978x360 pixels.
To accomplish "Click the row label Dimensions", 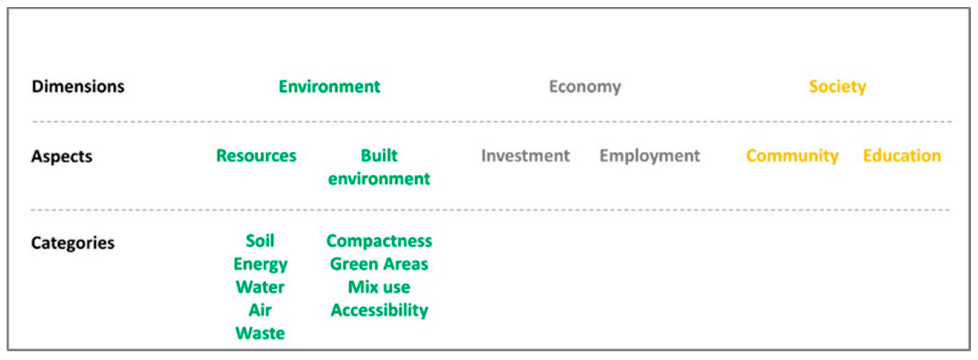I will coord(78,86).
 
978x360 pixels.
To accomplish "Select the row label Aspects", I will coord(62,156).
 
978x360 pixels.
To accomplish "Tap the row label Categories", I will coord(72,243).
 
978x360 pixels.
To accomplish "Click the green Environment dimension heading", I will coord(329,86).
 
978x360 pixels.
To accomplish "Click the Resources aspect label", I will coord(256,156).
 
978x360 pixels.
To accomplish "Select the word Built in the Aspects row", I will coord(379,156).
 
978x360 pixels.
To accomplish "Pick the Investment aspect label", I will coord(526,156).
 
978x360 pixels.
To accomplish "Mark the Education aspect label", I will coord(902,156).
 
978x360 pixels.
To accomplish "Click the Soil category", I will coord(260,241).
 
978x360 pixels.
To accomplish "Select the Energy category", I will coord(260,264).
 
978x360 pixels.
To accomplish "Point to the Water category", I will coord(260,287).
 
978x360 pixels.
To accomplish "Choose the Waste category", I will coord(260,333).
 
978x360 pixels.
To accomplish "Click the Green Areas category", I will coord(379,264).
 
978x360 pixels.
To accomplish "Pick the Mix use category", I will coord(379,287).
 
